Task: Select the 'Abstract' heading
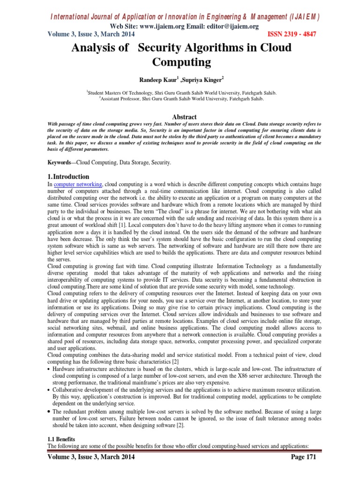click(184, 117)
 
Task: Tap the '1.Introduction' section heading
click(68, 176)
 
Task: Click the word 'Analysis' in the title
click(93, 48)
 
